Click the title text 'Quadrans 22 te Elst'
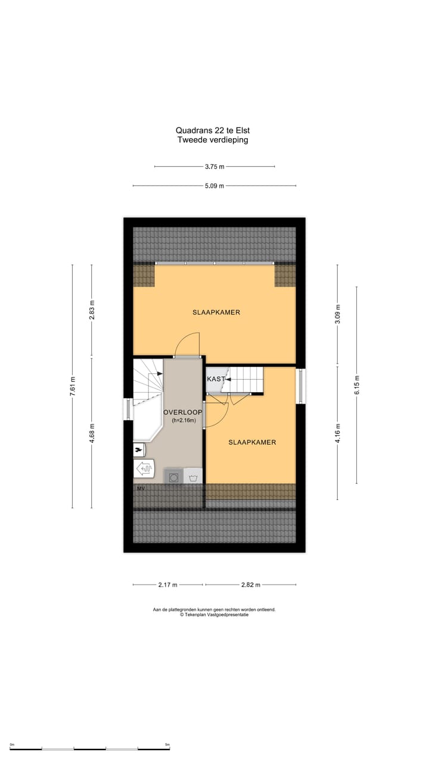[212, 130]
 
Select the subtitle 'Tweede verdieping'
[212, 140]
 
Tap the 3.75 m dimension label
[214, 167]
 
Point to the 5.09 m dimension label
[214, 186]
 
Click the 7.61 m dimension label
[73, 385]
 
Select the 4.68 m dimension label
[92, 432]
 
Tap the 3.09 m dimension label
[337, 314]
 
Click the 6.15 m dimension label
[356, 385]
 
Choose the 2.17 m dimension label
[167, 585]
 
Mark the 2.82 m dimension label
[250, 585]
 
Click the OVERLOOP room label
[183, 412]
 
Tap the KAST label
[216, 379]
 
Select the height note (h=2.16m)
[183, 420]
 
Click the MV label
[141, 489]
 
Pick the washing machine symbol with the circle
[174, 477]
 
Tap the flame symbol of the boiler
[139, 449]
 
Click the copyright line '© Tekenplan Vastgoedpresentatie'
[214, 615]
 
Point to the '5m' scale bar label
[167, 745]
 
